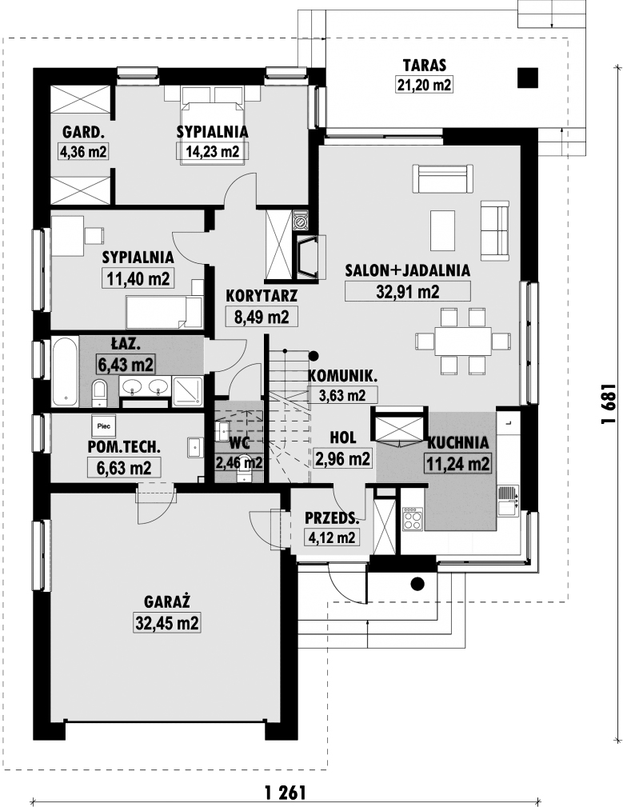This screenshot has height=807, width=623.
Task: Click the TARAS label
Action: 425,66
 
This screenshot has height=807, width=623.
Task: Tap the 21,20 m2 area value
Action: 424,84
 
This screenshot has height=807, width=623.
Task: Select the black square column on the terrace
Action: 527,78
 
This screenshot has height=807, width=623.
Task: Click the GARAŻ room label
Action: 167,601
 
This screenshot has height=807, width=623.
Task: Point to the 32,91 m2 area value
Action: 408,292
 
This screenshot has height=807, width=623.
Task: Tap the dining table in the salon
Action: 462,341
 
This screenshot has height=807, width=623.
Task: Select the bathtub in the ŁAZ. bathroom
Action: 66,370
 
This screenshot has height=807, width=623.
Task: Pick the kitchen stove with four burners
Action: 412,518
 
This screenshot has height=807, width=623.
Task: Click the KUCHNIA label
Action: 458,442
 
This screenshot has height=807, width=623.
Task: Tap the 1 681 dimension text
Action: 609,403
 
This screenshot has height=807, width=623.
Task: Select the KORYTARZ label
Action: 262,296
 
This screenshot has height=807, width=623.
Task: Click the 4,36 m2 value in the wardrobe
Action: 83,151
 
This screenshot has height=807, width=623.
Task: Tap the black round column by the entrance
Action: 417,583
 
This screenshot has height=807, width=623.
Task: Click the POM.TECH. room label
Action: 124,447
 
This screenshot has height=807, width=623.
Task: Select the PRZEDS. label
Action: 332,518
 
